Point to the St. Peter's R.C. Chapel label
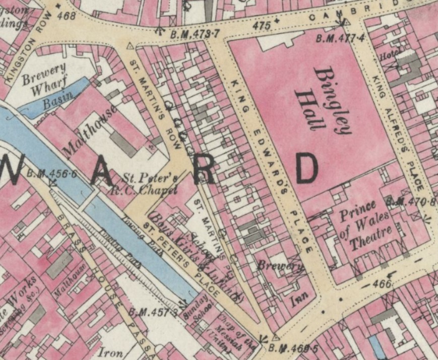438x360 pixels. pos(150,184)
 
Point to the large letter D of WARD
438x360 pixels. pos(306,169)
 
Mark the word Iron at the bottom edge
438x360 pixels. pos(110,352)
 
